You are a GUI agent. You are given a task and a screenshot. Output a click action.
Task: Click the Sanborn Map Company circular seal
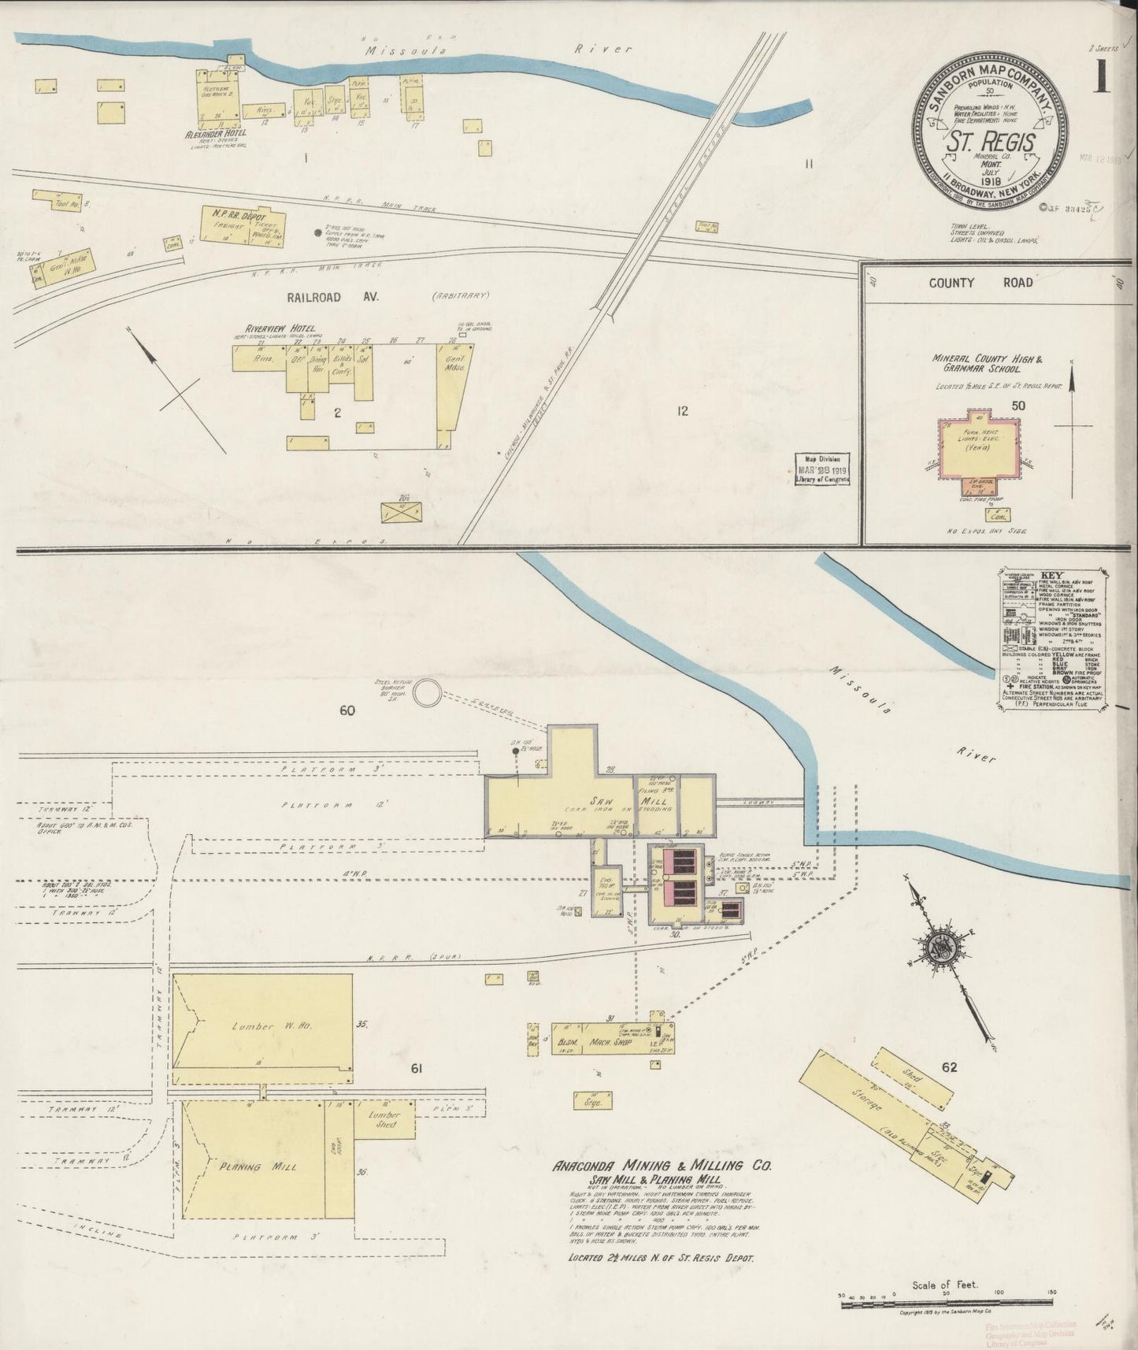[991, 135]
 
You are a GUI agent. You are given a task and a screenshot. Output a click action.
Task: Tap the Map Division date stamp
[822, 469]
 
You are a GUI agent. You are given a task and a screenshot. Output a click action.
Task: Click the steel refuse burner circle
[428, 693]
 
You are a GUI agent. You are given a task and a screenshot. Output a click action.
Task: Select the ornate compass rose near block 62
[943, 946]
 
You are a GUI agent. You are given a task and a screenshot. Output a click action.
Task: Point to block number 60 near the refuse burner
[347, 710]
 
